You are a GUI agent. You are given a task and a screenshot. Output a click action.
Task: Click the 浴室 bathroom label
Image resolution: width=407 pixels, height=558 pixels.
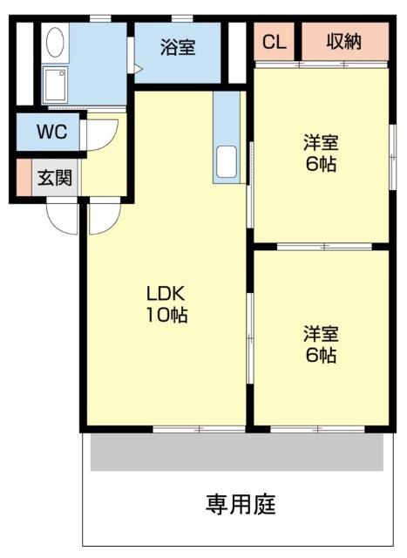pos(178,48)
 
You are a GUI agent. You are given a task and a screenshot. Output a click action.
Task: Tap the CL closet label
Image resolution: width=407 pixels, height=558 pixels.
pos(274,42)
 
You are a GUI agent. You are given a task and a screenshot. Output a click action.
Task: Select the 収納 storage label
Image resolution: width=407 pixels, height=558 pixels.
pos(344,42)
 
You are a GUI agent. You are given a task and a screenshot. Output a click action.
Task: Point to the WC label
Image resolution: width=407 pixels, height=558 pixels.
pos(49,134)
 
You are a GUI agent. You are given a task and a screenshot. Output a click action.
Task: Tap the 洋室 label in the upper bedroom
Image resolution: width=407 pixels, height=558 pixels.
pos(321,142)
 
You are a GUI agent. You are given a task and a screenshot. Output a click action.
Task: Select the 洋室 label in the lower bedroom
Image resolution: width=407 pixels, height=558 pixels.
pos(321,333)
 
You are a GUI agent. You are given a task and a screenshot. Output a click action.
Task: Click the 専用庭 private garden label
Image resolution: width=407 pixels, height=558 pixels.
pos(241,504)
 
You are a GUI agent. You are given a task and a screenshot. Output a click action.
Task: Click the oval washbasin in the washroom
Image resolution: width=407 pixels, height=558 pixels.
pos(54,44)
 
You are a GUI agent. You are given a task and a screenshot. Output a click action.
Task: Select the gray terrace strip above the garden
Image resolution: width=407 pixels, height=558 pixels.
pos(236,452)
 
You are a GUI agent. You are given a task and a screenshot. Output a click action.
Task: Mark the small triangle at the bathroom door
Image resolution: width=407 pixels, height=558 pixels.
pos(130,66)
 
